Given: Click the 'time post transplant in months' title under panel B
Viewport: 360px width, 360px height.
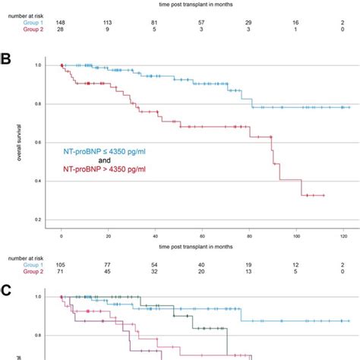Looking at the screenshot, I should coord(202,247).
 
